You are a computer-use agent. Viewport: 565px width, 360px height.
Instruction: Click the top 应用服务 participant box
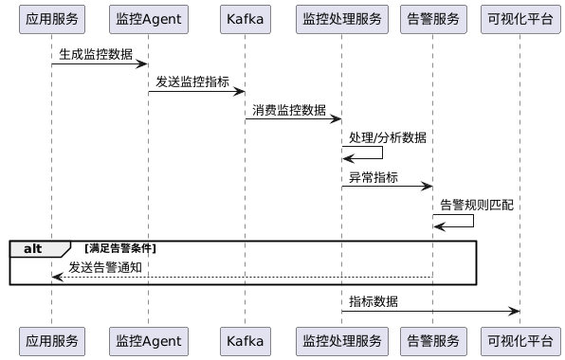tap(52, 18)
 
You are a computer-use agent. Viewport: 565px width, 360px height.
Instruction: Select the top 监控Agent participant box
tap(148, 18)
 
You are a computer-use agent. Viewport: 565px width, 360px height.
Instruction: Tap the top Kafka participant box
tap(245, 18)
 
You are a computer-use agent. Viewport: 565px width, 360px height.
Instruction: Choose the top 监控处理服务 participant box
tap(341, 18)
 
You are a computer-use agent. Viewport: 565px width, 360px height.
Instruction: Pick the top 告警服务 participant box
tap(432, 18)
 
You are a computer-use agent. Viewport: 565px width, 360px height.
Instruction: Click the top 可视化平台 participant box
tap(519, 18)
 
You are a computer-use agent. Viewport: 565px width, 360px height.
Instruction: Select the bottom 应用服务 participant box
tap(52, 340)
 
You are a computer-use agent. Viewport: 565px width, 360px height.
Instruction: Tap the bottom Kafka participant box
tap(245, 340)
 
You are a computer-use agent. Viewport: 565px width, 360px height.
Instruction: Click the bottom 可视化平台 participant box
tap(519, 340)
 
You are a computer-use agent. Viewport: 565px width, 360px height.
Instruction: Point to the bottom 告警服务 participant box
tap(432, 340)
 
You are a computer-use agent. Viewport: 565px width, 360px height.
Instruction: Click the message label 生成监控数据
tap(96, 54)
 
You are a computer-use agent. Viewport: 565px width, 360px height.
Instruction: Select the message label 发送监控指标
tap(192, 81)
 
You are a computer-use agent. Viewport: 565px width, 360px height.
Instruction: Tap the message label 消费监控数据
tap(289, 109)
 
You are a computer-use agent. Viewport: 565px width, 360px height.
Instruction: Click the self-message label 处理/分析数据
tap(387, 137)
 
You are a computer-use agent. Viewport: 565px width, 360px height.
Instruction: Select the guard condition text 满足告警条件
tap(121, 248)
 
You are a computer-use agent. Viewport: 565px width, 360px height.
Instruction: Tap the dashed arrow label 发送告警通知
tap(105, 267)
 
